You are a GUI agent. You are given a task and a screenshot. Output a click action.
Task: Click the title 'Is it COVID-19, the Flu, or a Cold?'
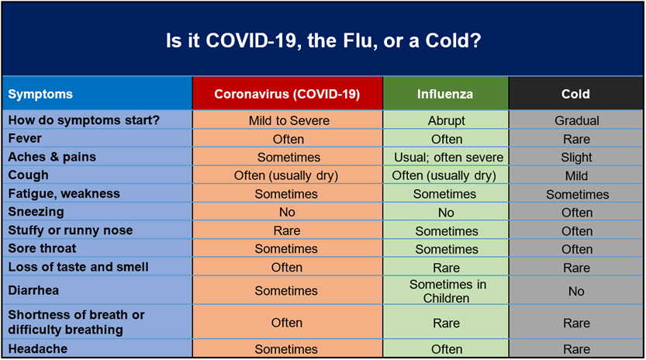click(323, 41)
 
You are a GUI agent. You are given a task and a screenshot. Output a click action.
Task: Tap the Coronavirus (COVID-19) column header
click(287, 94)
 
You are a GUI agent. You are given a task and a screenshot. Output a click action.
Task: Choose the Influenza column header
click(445, 94)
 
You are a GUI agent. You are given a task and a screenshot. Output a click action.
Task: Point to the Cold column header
click(575, 94)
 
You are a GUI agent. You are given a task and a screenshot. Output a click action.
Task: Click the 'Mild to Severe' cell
click(288, 120)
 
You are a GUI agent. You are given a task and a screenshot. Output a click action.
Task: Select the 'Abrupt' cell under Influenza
click(446, 120)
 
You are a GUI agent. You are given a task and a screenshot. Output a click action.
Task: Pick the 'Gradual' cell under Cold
click(577, 120)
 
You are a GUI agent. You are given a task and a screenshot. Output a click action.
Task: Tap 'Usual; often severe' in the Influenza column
click(449, 157)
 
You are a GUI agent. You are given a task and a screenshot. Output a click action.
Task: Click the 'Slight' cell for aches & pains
click(576, 157)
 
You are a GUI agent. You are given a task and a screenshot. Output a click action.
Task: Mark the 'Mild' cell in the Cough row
click(576, 175)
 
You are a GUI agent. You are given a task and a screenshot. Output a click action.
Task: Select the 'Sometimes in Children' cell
click(447, 291)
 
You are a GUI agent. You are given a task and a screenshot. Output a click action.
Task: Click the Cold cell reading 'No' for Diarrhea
click(576, 291)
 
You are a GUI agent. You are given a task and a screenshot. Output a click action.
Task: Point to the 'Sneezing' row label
click(36, 212)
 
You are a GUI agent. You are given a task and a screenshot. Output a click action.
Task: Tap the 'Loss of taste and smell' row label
click(78, 267)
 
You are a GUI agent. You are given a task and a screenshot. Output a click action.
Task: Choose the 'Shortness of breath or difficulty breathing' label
click(76, 322)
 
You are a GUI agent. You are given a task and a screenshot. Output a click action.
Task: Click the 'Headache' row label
click(38, 348)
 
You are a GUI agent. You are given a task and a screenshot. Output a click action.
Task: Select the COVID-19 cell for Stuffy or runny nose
click(287, 230)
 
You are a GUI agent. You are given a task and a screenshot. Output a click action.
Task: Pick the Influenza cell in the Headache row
click(447, 349)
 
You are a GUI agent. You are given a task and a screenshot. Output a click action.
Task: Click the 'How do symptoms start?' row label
click(84, 120)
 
